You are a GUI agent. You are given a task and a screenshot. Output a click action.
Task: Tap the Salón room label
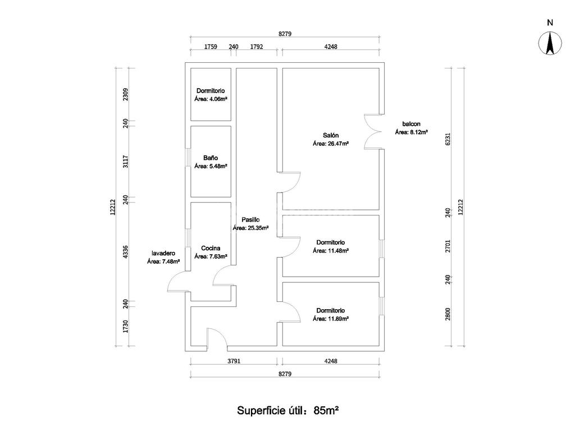(330, 135)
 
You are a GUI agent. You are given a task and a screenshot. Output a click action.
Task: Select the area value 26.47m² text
(331, 144)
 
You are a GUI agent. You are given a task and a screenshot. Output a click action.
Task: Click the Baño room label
(211, 158)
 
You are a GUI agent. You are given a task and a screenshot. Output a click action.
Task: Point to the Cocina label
(211, 248)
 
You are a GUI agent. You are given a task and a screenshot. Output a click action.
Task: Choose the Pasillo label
(250, 219)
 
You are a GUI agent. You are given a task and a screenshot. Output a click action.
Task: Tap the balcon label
(411, 124)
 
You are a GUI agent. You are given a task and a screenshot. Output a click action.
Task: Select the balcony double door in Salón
(373, 132)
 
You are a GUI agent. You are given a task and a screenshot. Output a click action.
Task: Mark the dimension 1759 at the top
(211, 47)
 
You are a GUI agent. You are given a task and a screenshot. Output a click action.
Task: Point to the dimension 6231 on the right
(448, 139)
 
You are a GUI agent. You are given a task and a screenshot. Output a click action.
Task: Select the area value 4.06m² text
(211, 99)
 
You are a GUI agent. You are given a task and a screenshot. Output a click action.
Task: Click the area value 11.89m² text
(331, 319)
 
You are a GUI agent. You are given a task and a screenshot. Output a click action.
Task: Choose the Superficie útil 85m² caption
(287, 410)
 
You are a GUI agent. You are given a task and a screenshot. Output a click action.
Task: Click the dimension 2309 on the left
(126, 94)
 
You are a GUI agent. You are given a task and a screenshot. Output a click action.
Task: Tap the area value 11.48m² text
(331, 251)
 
